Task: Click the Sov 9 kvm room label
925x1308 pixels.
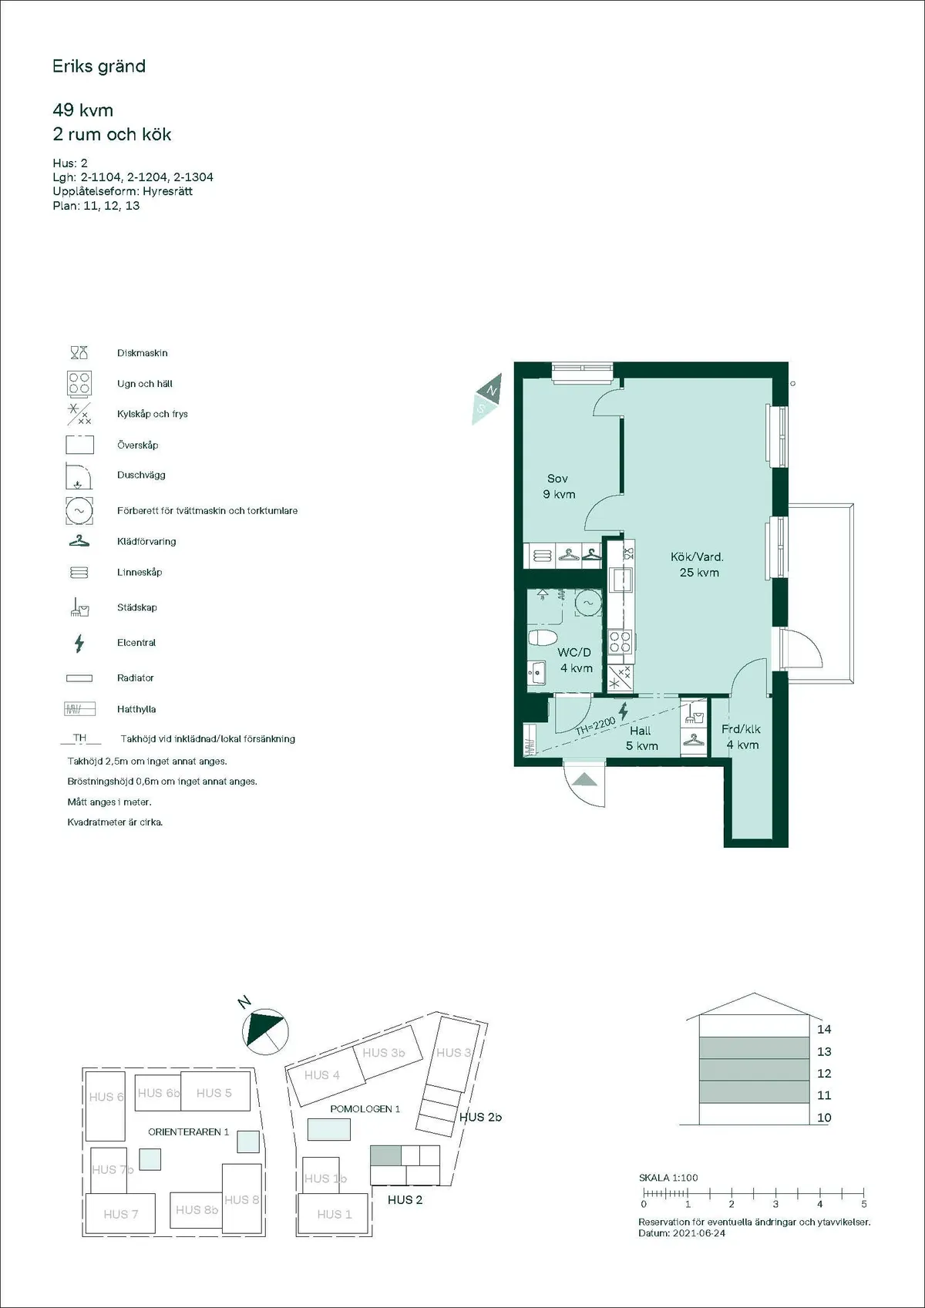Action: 559,486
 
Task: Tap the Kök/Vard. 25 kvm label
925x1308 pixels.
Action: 698,564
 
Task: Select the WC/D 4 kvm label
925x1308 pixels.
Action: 575,660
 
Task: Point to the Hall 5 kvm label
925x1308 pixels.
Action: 641,738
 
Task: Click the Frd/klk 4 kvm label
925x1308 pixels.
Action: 742,737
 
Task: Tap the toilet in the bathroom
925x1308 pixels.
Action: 543,638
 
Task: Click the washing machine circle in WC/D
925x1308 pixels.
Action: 588,603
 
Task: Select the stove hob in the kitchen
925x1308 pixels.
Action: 621,641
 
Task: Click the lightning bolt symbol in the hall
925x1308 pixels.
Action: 623,711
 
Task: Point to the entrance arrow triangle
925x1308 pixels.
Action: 584,779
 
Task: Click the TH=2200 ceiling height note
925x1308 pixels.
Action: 595,725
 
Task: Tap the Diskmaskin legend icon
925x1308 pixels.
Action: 79,353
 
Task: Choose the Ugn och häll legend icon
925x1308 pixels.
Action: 79,383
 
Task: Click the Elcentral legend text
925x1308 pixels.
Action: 136,643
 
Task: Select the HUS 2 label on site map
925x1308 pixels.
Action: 405,1199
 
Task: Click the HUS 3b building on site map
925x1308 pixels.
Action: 383,1053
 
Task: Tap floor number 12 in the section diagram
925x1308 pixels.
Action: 824,1073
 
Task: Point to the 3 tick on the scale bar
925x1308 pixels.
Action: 775,1203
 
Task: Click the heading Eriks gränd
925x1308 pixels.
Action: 99,66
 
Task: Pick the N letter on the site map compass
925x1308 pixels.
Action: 244,1003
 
